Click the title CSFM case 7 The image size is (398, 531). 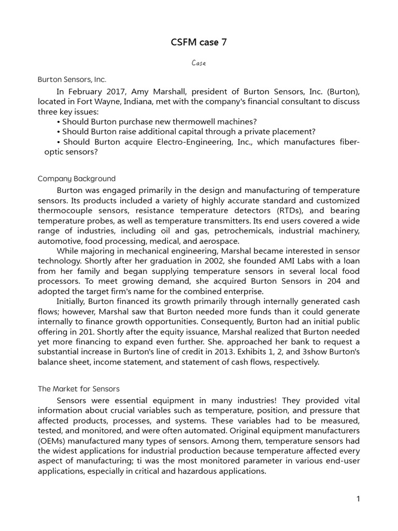[x=198, y=43]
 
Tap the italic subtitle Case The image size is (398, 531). [x=198, y=63]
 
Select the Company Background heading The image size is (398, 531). [x=77, y=179]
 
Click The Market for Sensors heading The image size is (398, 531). [x=79, y=389]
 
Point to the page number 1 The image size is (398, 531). [x=358, y=499]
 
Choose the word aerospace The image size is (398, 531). [x=221, y=241]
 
